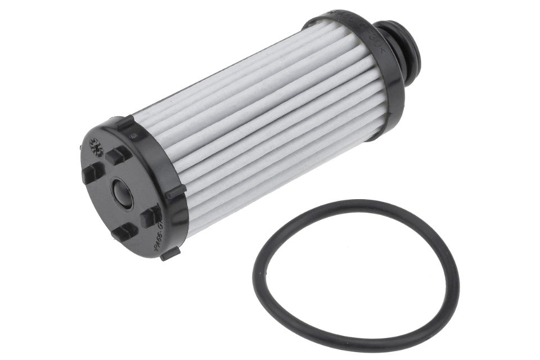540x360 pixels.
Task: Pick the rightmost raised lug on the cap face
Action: (x=150, y=215)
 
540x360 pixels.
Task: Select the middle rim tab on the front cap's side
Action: (x=176, y=191)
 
